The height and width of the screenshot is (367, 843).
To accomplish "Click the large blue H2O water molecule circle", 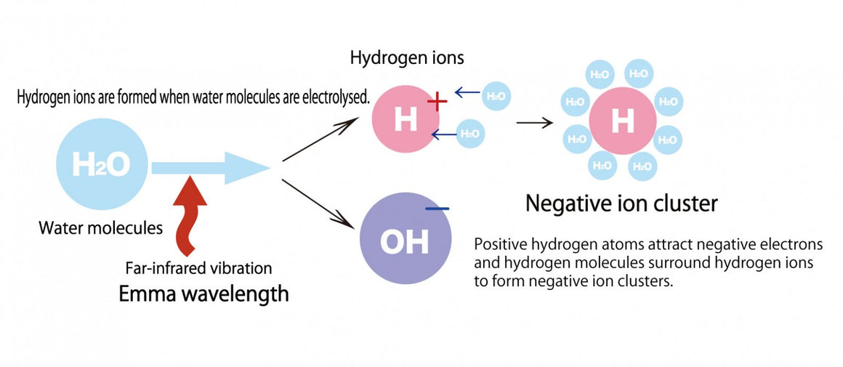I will click(102, 166).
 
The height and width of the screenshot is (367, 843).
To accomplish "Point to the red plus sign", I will click(437, 102).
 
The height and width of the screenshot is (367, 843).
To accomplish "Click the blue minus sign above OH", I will click(437, 209).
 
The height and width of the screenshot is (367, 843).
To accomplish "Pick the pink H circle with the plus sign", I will click(406, 121).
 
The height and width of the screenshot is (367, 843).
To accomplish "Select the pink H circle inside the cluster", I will click(622, 121).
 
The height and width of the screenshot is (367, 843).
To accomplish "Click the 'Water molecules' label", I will click(101, 228).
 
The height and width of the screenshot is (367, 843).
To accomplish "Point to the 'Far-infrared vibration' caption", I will click(198, 268).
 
